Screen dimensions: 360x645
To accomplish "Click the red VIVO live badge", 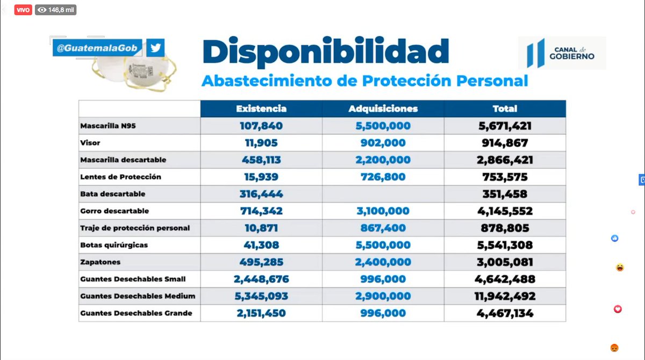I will point(23,10).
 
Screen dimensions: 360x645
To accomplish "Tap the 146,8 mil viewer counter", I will point(56,10).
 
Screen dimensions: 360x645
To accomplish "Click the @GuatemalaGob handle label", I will point(97,48).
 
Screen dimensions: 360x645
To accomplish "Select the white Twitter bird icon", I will point(156,48).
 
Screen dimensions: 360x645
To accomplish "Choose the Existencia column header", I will point(261,109).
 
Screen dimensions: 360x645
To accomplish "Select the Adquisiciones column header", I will point(383,109).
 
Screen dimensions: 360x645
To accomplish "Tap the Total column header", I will point(505,109).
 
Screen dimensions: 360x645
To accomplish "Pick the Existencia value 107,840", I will point(261,126).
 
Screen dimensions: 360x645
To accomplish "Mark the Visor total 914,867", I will point(505,143).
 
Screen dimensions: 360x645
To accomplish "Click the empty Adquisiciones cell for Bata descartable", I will point(383,194).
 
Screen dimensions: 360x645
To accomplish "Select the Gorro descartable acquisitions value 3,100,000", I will point(383,211).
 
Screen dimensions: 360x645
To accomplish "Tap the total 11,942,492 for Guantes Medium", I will point(505,296).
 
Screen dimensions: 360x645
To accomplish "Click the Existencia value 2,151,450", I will point(261,313).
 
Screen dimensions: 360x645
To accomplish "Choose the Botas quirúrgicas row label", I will point(113,245).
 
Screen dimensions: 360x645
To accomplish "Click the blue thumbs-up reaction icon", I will point(615,238).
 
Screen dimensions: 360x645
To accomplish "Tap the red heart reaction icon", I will point(618,309).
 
